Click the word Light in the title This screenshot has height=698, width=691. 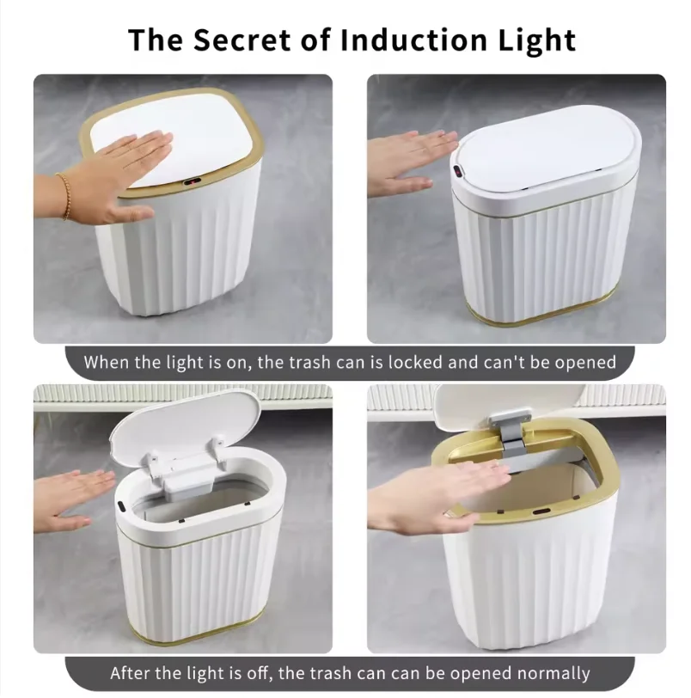tap(534, 40)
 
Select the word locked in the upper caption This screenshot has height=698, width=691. tap(419, 362)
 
